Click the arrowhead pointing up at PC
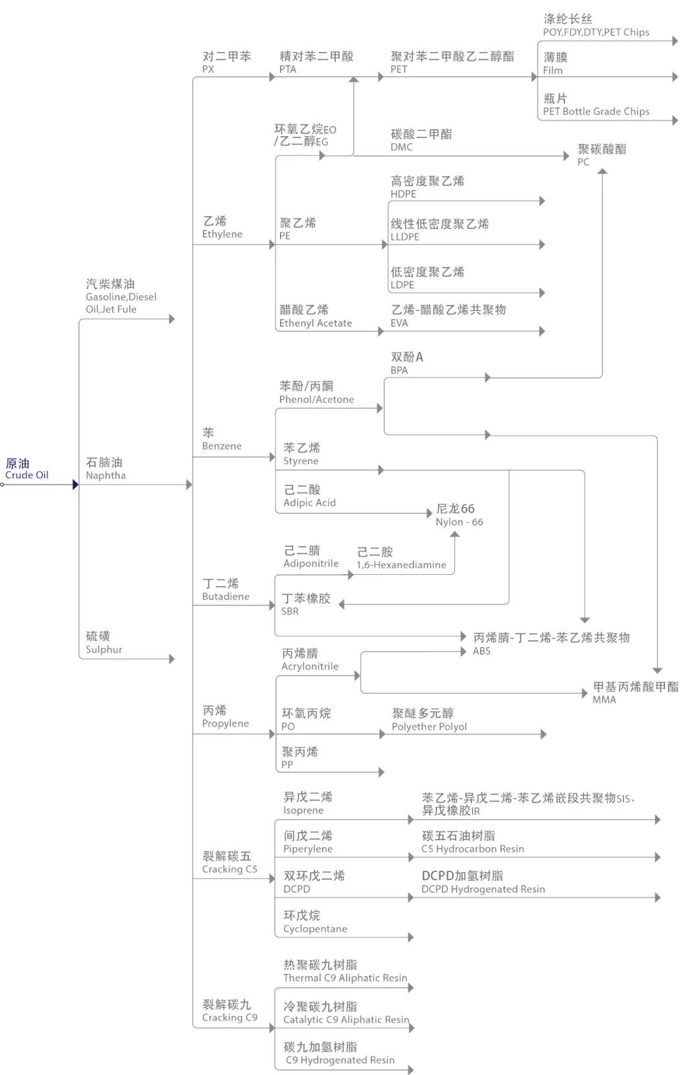(x=602, y=172)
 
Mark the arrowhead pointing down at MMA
(x=657, y=670)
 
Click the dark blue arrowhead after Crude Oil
(x=75, y=485)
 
